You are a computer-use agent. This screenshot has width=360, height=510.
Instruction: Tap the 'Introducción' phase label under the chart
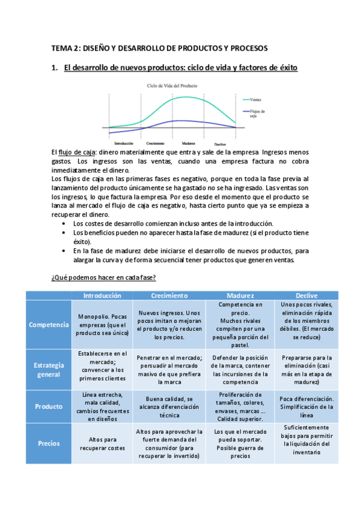(123, 143)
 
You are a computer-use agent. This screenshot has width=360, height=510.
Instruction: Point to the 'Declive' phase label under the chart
(219, 144)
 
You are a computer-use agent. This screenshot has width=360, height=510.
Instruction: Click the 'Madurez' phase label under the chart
(188, 144)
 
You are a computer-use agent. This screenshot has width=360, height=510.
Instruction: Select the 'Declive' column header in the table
(307, 295)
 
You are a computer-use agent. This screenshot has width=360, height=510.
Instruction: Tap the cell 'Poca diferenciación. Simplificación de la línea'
(307, 406)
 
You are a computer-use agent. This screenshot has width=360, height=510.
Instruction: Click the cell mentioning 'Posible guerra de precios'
(236, 443)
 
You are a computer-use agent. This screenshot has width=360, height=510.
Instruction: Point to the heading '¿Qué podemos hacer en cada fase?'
(103, 277)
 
